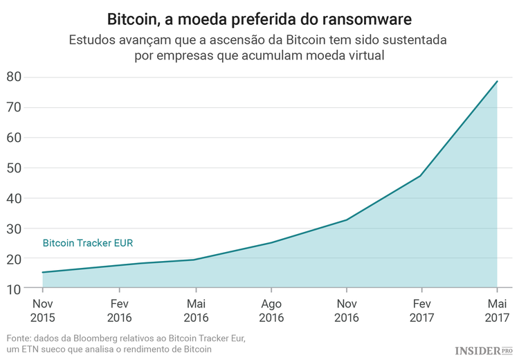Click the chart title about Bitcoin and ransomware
click(x=259, y=16)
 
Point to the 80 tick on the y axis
click(x=14, y=77)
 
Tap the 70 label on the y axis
click(x=14, y=107)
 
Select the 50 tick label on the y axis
click(x=14, y=168)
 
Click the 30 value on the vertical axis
click(x=14, y=228)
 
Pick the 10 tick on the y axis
click(x=14, y=289)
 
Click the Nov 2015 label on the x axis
click(x=44, y=311)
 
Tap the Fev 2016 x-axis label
click(x=119, y=311)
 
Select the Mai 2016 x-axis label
click(x=195, y=311)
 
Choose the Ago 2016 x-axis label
click(x=271, y=311)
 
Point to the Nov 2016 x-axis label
click(x=346, y=311)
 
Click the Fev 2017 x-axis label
click(x=421, y=311)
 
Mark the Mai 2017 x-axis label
click(x=497, y=311)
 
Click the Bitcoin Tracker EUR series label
click(x=88, y=244)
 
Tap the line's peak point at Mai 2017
click(x=497, y=82)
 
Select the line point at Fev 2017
click(x=421, y=175)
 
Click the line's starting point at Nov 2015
click(x=44, y=272)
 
